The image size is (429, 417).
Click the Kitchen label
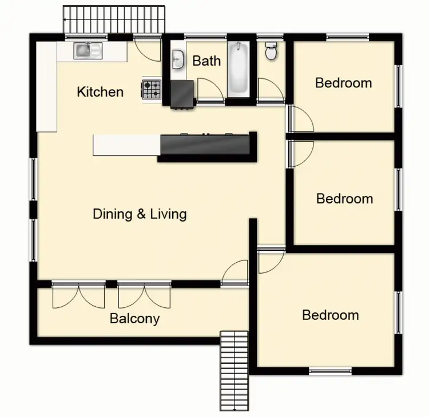(x=100, y=91)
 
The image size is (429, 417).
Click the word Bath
(x=206, y=61)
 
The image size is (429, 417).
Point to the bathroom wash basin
(x=178, y=58)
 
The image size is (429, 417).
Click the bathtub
(x=239, y=68)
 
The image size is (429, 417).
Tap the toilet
(x=271, y=51)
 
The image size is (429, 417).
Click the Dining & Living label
(x=140, y=214)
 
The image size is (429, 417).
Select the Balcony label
(x=134, y=319)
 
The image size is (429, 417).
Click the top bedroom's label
(x=343, y=83)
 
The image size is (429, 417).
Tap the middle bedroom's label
(x=344, y=199)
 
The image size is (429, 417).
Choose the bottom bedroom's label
(x=331, y=315)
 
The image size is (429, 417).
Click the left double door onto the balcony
(x=78, y=296)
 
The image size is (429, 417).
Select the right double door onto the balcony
(x=145, y=296)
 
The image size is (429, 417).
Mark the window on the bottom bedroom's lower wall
(x=331, y=372)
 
